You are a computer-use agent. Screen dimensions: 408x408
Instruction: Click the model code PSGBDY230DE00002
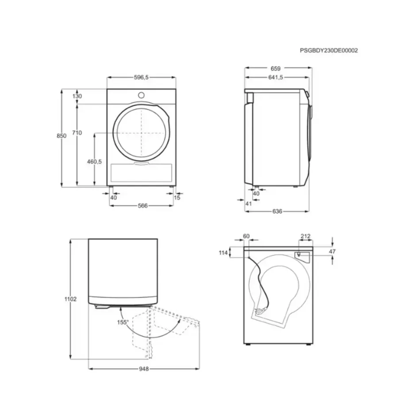pos(328,50)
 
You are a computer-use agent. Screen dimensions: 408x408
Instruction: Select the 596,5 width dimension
pos(141,77)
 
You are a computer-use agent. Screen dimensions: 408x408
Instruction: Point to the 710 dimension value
pos(77,133)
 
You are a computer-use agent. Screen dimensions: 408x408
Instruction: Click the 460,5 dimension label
pos(94,162)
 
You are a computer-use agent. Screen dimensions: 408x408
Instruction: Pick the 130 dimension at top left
pos(77,96)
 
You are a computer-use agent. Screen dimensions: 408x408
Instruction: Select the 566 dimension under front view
pos(142,206)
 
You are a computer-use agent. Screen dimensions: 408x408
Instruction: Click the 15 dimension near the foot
pos(177,198)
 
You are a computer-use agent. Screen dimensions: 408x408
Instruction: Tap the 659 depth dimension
pos(276,69)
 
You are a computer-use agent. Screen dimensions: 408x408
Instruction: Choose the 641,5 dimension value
pos(276,77)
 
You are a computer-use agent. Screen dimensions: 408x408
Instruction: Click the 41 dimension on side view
pos(248,203)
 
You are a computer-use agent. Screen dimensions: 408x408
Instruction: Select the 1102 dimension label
pos(71,299)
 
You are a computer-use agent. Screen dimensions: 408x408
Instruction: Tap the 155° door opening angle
pos(123,322)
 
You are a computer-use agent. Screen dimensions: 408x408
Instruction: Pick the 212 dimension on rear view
pos(305,236)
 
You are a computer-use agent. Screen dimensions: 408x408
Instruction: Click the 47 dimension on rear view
pos(333,251)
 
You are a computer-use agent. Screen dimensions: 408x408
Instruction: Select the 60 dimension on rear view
pos(246,236)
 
